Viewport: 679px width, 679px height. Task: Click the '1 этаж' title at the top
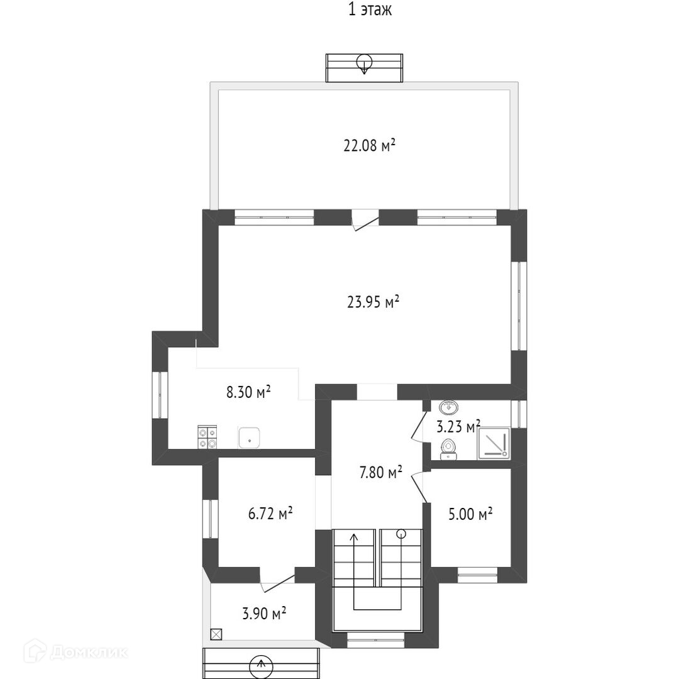point(370,9)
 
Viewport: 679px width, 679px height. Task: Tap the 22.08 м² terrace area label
point(370,145)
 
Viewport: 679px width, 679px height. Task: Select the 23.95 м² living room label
point(373,301)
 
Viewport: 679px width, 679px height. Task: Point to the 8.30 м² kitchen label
point(248,392)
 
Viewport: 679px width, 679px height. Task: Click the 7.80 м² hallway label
point(381,472)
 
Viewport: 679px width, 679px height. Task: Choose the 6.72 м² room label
point(270,514)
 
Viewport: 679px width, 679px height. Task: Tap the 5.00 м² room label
point(470,514)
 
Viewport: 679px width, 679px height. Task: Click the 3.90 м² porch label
point(264,613)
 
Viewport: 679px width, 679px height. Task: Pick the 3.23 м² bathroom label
point(458,426)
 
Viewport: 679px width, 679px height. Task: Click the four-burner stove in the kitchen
point(207,438)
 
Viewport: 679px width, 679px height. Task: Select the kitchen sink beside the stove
point(249,438)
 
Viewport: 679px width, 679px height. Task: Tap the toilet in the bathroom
point(448,450)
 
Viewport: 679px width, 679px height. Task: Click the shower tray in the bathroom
point(494,444)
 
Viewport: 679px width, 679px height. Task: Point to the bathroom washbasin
point(449,407)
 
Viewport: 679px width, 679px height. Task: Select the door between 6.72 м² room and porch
point(277,580)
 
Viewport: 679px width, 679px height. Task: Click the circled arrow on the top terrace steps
point(364,63)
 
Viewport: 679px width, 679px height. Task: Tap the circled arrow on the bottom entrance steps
point(261,666)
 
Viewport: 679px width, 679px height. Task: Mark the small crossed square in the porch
point(216,634)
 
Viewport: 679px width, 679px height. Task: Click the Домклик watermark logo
point(76,651)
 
